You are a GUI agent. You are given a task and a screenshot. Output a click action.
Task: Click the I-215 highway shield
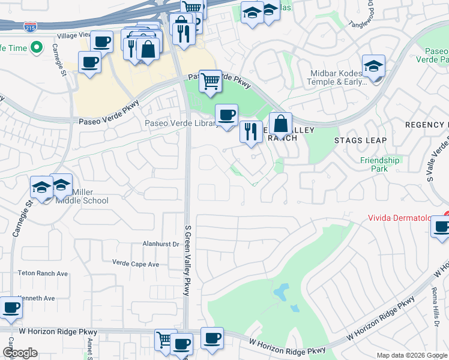[29, 27]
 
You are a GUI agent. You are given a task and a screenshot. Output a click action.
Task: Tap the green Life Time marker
[35, 47]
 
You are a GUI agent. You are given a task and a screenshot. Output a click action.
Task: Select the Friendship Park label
[379, 164]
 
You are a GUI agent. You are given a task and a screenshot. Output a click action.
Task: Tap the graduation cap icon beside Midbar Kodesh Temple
[373, 66]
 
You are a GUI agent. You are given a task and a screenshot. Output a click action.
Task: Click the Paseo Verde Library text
[181, 124]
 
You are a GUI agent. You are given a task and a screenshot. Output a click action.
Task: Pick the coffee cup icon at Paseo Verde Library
[226, 115]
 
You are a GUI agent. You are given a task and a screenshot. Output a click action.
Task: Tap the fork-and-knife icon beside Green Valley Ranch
[251, 131]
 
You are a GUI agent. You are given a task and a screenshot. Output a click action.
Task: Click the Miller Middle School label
[82, 196]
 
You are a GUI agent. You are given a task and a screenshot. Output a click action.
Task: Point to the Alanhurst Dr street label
[161, 244]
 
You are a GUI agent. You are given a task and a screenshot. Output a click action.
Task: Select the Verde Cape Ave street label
[136, 263]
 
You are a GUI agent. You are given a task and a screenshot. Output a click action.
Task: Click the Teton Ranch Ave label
[43, 273]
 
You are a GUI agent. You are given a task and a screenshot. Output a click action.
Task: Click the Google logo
[20, 353]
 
